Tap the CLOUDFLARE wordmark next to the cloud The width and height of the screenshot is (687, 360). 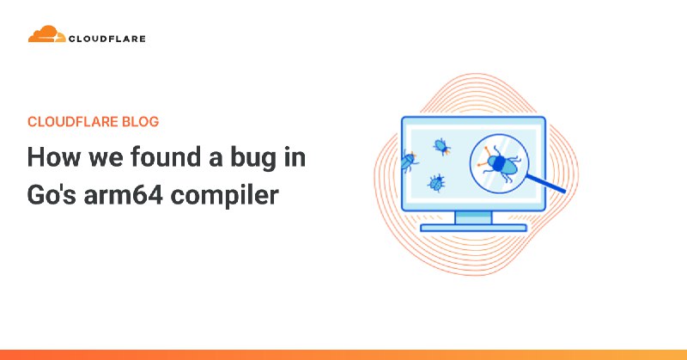pyautogui.click(x=107, y=38)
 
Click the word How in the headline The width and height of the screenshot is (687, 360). pyautogui.click(x=52, y=158)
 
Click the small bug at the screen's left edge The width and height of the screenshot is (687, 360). pyautogui.click(x=408, y=160)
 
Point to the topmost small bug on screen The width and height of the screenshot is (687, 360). pyautogui.click(x=442, y=146)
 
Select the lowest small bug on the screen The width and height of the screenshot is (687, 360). pyautogui.click(x=436, y=182)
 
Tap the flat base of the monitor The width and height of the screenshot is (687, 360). pyautogui.click(x=473, y=228)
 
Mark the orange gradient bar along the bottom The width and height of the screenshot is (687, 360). pyautogui.click(x=343, y=354)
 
